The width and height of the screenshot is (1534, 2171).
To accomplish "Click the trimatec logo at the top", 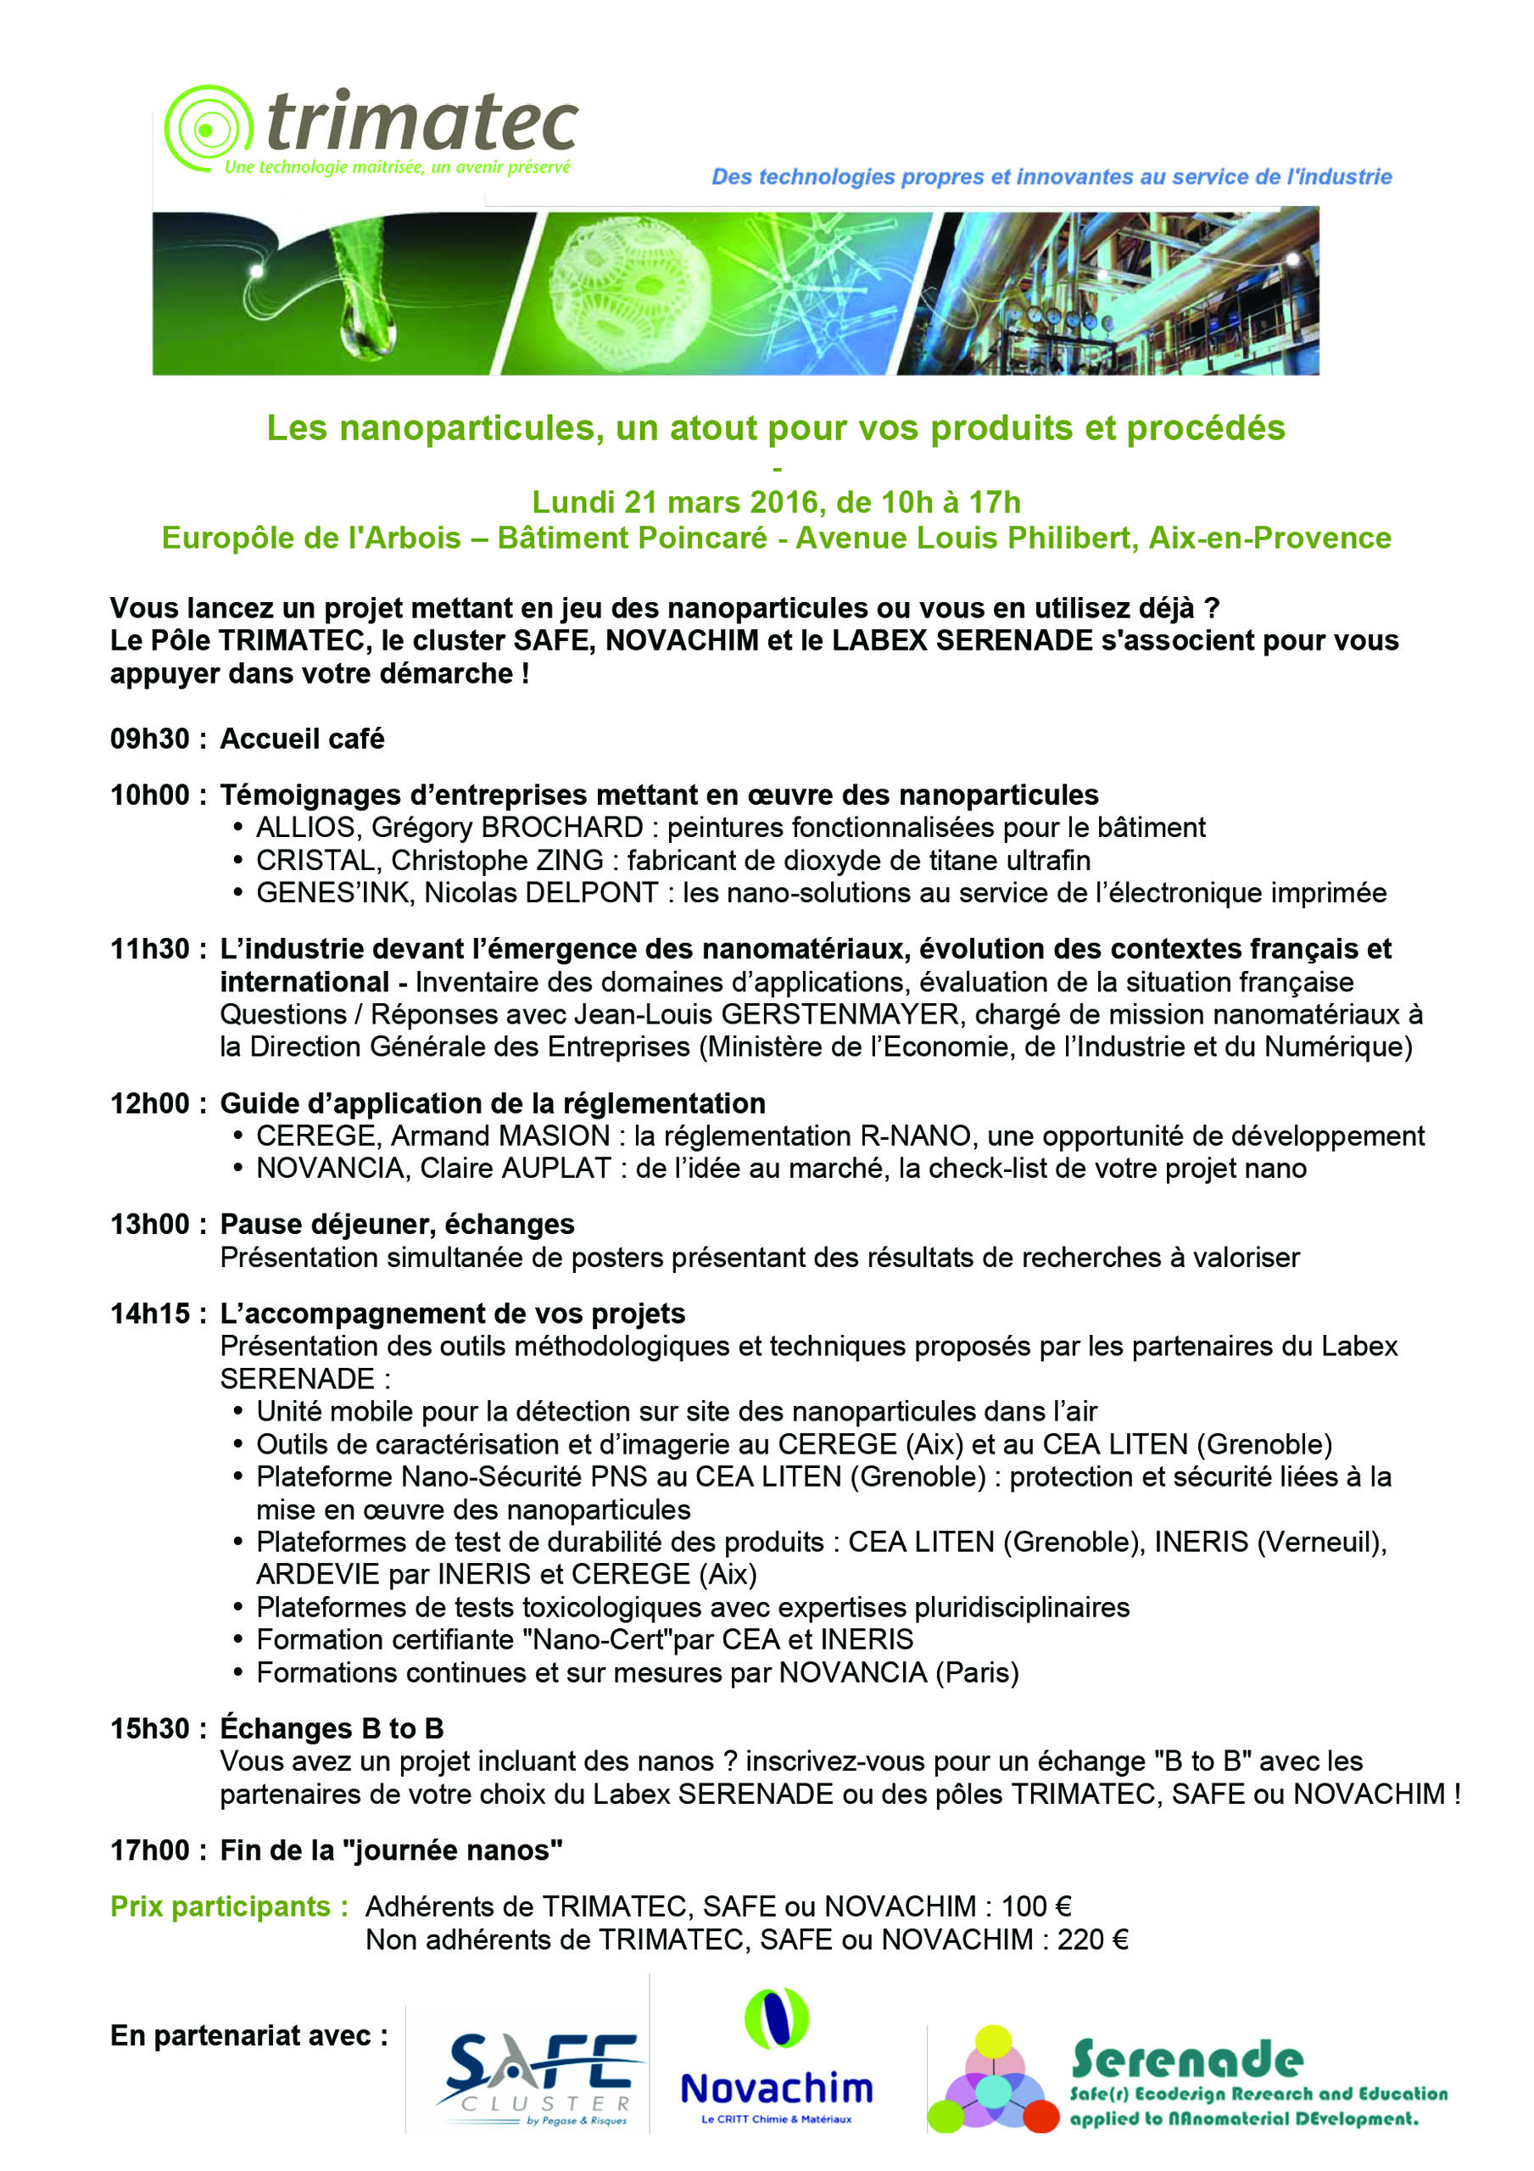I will click(371, 130).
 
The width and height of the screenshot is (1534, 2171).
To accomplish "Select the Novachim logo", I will click(777, 2071).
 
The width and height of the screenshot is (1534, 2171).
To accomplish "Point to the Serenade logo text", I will click(1187, 2058).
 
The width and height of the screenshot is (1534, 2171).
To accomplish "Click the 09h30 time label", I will click(149, 739).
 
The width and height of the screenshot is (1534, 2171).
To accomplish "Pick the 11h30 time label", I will click(149, 949).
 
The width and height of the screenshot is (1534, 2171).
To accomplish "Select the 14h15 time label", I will click(149, 1314).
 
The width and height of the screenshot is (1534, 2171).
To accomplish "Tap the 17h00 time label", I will click(149, 1850).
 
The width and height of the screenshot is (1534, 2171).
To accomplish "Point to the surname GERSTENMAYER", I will click(840, 1014).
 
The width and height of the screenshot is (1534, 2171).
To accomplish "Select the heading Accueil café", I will click(302, 739).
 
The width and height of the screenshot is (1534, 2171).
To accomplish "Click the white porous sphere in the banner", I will click(628, 291).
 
